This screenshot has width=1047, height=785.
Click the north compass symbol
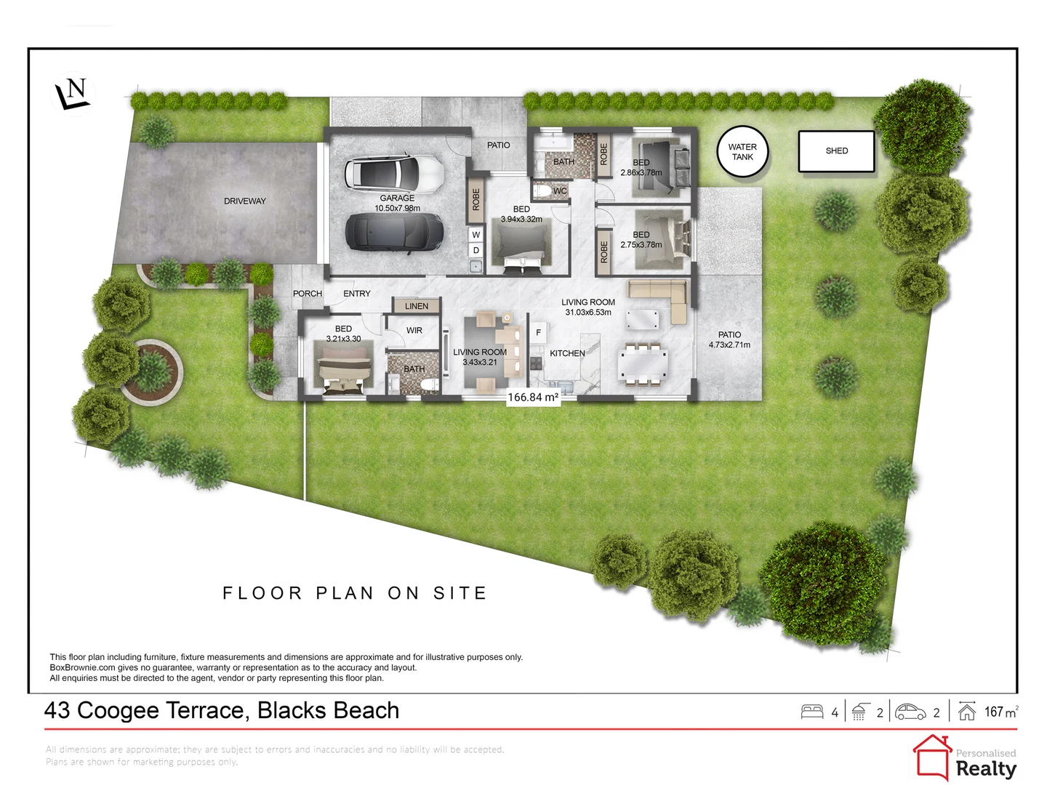click(73, 94)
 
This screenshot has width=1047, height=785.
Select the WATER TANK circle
click(742, 152)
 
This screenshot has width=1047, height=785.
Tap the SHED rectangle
click(836, 151)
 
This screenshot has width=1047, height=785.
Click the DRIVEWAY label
click(244, 201)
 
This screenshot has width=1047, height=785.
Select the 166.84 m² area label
click(533, 398)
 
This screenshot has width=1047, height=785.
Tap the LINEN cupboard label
click(417, 306)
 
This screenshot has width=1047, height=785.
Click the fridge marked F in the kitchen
click(538, 333)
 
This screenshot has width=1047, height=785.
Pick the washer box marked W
click(476, 235)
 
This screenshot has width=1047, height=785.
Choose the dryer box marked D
click(476, 250)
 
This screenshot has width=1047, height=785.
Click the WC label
click(560, 191)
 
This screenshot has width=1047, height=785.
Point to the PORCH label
click(307, 294)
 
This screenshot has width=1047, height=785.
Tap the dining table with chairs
click(643, 363)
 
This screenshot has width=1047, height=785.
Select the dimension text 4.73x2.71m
click(729, 345)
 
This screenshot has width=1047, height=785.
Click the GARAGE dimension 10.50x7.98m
click(397, 209)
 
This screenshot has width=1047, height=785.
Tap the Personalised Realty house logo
click(932, 757)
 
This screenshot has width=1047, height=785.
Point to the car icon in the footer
click(910, 712)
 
